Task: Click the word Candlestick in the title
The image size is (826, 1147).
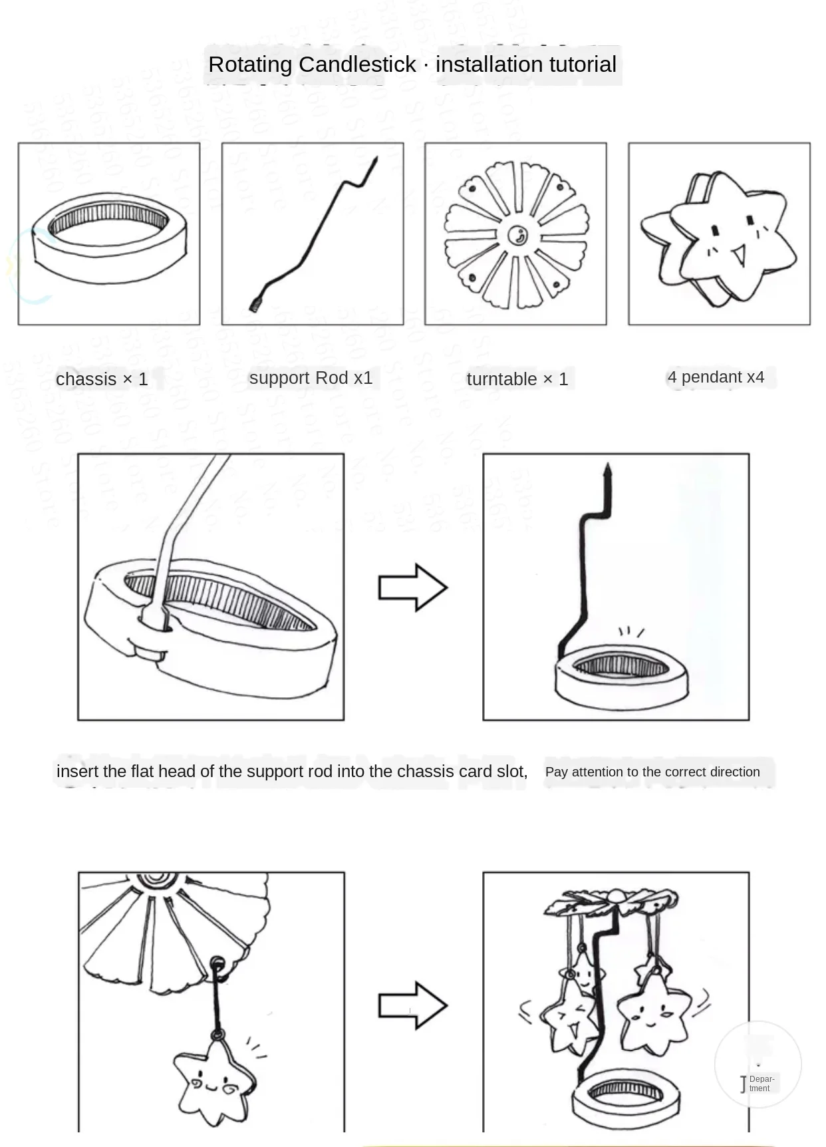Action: (x=358, y=65)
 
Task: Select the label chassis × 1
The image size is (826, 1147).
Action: (x=102, y=379)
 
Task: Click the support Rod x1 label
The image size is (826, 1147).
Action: (x=311, y=378)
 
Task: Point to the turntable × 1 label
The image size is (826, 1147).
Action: (x=517, y=379)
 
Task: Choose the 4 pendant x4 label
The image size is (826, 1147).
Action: (x=716, y=377)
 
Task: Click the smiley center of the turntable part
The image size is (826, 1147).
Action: (x=517, y=235)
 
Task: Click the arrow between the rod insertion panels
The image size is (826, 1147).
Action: (x=412, y=587)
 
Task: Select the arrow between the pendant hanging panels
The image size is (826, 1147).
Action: (x=412, y=1005)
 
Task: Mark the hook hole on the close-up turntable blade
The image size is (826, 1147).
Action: (x=217, y=962)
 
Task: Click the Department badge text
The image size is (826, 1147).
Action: (x=761, y=1083)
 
